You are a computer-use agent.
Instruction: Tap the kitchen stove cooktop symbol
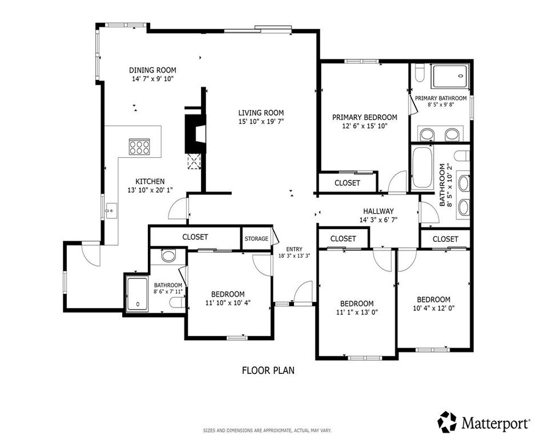139,147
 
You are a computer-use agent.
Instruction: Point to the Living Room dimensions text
260,122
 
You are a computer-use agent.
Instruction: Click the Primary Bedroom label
364,117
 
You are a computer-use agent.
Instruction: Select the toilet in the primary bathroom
419,74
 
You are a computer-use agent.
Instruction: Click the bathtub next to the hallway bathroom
422,167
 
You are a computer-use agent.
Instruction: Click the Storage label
256,238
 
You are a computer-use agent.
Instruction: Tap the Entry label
294,249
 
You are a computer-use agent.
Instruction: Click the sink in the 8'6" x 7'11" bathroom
168,256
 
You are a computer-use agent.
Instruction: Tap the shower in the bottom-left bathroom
137,293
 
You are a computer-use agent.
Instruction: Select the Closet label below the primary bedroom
347,183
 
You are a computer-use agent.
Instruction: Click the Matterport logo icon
447,422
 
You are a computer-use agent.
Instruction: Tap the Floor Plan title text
268,370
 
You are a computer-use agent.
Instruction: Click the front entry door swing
301,293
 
